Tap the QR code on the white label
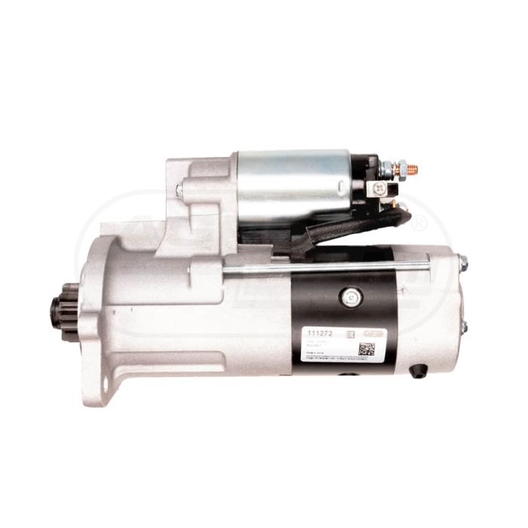pyautogui.click(x=367, y=348)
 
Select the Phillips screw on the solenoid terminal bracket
pyautogui.click(x=381, y=189)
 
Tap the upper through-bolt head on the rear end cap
pyautogui.click(x=462, y=264)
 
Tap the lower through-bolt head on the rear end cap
pyautogui.click(x=463, y=326)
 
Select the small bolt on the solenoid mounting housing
pyautogui.click(x=180, y=189)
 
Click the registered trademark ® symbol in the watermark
pyautogui.click(x=419, y=223)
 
